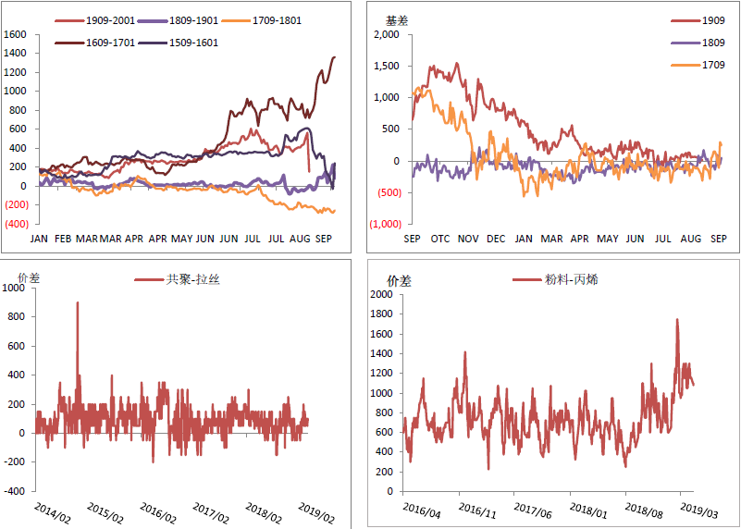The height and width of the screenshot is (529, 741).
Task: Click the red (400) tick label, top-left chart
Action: (x=18, y=224)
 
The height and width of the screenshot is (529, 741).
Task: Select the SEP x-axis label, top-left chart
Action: (x=324, y=239)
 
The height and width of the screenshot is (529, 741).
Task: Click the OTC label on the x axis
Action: (x=440, y=240)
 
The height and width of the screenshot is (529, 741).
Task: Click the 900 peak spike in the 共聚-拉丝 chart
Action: (x=77, y=302)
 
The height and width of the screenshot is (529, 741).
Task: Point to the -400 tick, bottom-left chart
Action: (x=15, y=491)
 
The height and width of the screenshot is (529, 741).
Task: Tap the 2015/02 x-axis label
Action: (x=104, y=511)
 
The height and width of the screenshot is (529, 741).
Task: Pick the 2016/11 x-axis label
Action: (x=475, y=511)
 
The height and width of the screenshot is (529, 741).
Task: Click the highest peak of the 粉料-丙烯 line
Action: (x=677, y=320)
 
